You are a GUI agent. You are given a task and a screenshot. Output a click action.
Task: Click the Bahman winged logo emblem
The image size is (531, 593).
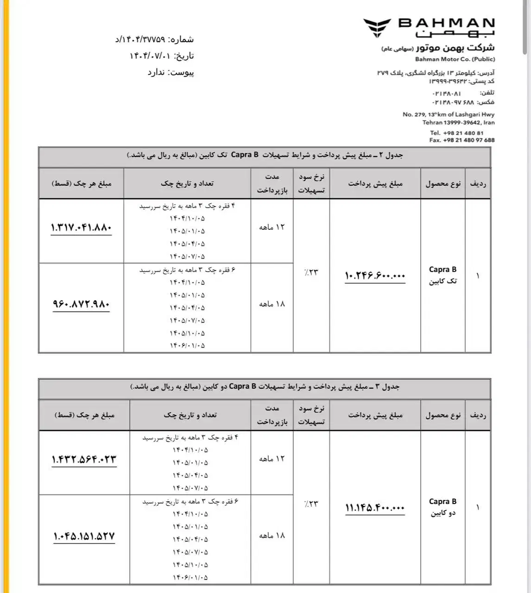(377, 27)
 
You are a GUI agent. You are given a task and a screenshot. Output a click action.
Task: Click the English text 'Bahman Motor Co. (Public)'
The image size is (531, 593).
(455, 59)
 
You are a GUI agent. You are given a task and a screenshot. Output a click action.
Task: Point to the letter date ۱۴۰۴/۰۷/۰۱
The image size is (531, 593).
(148, 56)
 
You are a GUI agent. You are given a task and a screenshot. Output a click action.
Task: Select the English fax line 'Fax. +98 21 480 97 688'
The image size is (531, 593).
(461, 140)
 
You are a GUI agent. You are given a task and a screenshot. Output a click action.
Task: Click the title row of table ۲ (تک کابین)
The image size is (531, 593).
(265, 155)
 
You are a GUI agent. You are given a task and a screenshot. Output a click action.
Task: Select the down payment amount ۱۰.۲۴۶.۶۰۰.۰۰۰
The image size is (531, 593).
(375, 276)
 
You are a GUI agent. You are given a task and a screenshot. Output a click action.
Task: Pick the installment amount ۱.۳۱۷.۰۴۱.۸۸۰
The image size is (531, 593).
(81, 227)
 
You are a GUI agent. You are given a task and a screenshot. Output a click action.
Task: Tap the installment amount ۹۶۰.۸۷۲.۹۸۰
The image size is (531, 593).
(81, 304)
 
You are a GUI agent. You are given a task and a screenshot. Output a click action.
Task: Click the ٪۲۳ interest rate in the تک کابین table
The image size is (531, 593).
(311, 272)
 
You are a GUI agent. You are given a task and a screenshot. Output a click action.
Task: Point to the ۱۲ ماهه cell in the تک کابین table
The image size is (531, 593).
(272, 227)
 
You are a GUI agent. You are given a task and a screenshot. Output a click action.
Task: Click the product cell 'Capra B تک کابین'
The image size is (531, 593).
(442, 275)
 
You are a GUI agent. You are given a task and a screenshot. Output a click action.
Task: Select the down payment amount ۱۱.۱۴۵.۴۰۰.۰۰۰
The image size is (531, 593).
(375, 508)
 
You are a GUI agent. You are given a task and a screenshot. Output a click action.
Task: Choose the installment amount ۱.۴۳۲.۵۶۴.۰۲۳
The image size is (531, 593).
(84, 459)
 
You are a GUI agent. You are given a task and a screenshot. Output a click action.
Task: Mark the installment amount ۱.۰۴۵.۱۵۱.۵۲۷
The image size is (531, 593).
(84, 536)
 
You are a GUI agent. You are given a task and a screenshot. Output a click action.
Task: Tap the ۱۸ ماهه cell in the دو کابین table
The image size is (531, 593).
(272, 536)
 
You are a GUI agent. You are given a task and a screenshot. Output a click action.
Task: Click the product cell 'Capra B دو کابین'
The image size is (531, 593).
(442, 507)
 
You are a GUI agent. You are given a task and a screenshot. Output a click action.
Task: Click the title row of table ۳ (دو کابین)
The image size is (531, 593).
(265, 387)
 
